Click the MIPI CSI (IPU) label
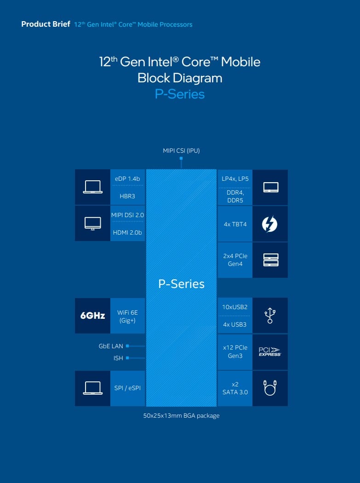click(x=181, y=150)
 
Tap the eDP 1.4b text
click(x=127, y=178)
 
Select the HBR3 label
click(x=127, y=196)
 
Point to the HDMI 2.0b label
click(x=127, y=232)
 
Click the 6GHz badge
click(x=92, y=316)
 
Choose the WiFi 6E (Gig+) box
click(x=127, y=316)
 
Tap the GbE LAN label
click(x=111, y=346)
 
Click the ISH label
click(x=118, y=358)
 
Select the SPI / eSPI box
click(x=127, y=388)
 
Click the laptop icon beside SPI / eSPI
click(x=92, y=388)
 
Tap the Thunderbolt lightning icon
click(x=270, y=224)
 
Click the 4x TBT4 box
click(x=235, y=224)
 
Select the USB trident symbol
click(x=270, y=316)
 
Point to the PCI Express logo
click(x=270, y=352)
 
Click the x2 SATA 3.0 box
click(x=235, y=388)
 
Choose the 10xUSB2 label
click(x=235, y=307)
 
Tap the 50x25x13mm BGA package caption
click(x=181, y=416)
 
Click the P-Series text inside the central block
click(x=181, y=284)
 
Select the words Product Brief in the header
click(x=46, y=24)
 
